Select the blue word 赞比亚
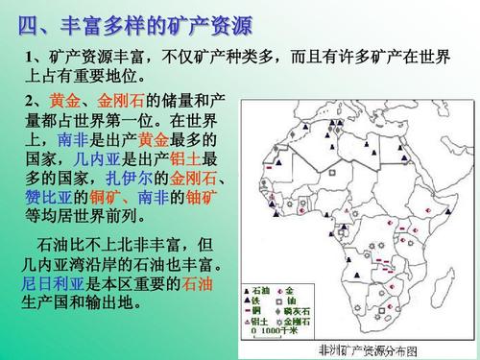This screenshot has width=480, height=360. [x=44, y=198]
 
